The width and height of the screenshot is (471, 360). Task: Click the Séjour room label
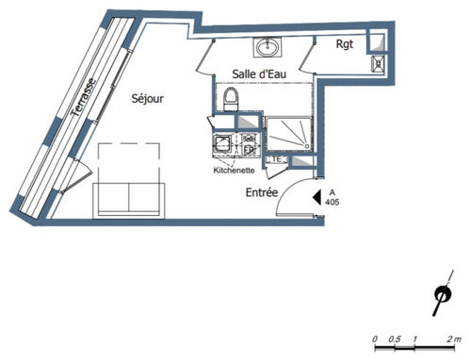[x=147, y=99]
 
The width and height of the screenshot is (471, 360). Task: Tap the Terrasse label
[x=83, y=97]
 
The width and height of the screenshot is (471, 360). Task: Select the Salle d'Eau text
[x=259, y=74]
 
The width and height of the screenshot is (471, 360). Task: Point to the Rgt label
[x=345, y=44]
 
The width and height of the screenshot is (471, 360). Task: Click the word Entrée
[x=262, y=192]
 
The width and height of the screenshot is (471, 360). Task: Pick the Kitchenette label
[x=234, y=171]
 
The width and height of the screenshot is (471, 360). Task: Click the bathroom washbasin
[x=268, y=47]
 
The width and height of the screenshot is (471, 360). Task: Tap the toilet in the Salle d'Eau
[x=231, y=99]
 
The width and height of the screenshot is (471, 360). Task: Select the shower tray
[x=288, y=134]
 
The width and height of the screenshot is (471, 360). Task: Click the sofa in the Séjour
[x=129, y=200]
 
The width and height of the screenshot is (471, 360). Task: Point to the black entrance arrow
[x=317, y=197]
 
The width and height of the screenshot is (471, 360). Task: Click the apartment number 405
[x=333, y=202]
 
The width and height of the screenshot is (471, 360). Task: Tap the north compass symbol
[x=443, y=294]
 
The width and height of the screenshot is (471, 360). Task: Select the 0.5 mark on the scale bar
[x=395, y=339]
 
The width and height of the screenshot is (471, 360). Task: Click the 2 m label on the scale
[x=454, y=339]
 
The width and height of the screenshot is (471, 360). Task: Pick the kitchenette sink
[x=222, y=143]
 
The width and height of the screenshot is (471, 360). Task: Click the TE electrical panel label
[x=276, y=159]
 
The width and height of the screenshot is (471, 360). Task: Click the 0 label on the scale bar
[x=375, y=339]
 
